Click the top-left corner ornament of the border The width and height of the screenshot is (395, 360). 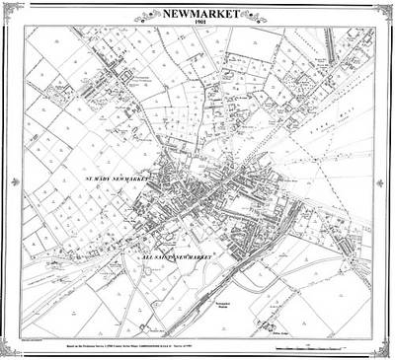[x=11, y=10]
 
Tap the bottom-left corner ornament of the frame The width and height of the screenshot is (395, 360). [x=11, y=349]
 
